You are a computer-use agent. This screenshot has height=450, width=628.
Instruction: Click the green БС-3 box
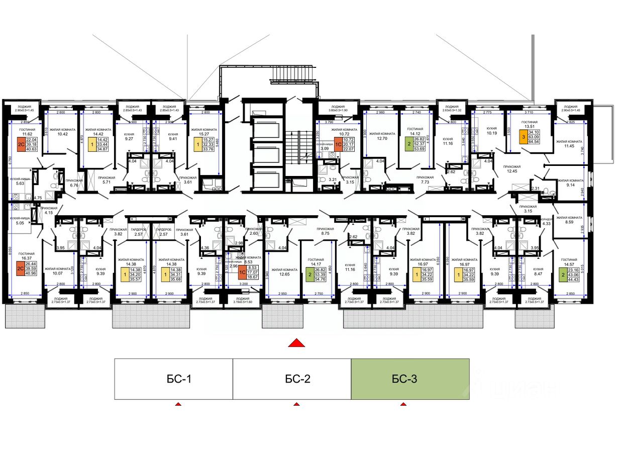410,379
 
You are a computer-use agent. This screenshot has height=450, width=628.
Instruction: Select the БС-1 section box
173,379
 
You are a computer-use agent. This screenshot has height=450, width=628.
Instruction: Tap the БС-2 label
292,379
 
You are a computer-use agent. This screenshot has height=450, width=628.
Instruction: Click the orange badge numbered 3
523,139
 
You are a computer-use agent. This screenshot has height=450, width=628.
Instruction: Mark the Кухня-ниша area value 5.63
20,183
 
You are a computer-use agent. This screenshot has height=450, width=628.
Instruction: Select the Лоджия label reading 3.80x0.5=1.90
338,111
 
